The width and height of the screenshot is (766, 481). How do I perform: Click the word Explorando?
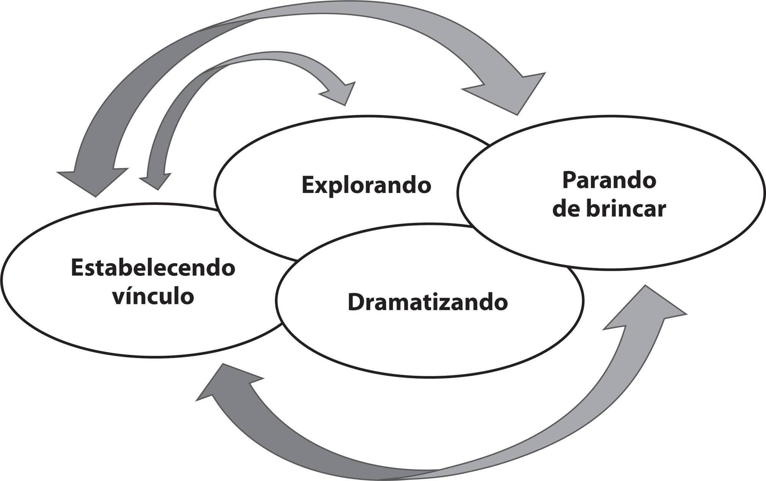point(366,185)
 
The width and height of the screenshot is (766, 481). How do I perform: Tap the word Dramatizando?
point(428,302)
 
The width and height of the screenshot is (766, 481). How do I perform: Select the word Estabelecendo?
point(153,268)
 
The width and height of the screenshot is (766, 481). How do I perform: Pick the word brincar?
point(626,209)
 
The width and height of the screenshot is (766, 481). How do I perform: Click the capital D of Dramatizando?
point(356,302)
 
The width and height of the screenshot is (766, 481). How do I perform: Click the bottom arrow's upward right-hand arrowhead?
point(647,306)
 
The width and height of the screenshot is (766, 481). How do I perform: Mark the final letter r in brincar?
point(662,211)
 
